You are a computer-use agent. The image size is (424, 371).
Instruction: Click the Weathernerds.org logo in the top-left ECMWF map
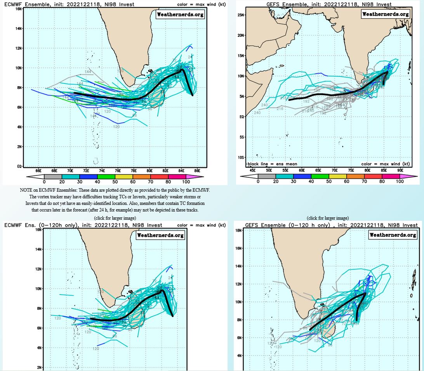coord(180,15)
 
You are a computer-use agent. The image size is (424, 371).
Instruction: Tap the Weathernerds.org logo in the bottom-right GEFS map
coord(392,235)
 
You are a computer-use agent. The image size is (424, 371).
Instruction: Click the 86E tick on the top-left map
coord(197,170)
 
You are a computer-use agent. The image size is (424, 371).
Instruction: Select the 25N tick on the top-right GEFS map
coord(240,15)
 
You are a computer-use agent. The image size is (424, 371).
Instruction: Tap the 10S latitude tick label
coord(240,158)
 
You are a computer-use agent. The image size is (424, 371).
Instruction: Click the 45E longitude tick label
coord(253,170)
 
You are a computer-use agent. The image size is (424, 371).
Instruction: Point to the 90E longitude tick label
coord(400,170)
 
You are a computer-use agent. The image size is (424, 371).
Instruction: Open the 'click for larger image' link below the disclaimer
coord(115,218)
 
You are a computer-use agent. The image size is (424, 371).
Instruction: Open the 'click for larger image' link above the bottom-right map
coord(328,218)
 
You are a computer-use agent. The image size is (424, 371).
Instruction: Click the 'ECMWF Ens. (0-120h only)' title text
coord(43,225)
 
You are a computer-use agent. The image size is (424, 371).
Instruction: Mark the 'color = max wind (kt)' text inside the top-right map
coord(385,164)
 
